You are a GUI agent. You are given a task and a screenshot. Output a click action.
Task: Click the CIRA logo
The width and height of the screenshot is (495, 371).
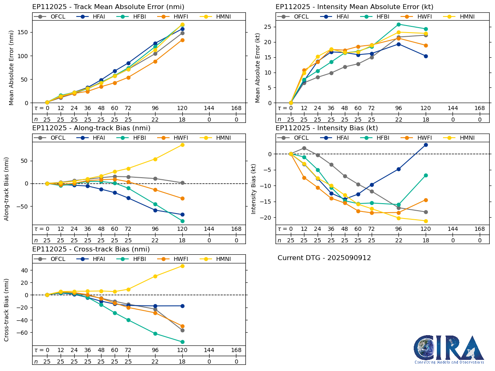click(x=449, y=349)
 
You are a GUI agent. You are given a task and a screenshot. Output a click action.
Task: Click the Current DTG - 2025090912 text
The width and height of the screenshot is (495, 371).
click(x=324, y=258)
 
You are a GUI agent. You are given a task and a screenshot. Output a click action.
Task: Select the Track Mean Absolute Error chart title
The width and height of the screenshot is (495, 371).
click(x=108, y=7)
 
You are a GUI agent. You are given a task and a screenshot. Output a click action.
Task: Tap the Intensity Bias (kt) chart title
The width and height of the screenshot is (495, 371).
click(x=327, y=128)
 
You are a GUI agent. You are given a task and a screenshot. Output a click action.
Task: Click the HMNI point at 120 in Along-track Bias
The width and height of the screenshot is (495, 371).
click(x=182, y=145)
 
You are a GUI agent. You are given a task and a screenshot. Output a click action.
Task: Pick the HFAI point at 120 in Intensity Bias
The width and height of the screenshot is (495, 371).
click(x=426, y=145)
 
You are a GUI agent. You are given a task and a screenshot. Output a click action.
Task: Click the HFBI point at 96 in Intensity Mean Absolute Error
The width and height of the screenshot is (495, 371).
click(x=398, y=24)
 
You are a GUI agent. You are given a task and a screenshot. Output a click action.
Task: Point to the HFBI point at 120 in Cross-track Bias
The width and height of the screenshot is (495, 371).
click(x=182, y=342)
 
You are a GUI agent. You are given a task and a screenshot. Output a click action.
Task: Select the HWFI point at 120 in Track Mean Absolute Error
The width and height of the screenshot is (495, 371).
click(x=182, y=40)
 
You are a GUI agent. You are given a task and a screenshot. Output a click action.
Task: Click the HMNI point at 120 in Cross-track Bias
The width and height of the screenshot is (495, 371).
click(x=182, y=266)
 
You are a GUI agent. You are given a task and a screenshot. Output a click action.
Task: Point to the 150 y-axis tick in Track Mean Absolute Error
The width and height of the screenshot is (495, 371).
click(x=25, y=32)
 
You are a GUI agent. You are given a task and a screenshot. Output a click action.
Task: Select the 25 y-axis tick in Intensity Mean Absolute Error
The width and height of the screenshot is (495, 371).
click(x=268, y=27)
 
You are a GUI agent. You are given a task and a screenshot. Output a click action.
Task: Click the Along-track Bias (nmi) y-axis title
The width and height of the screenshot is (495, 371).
click(x=7, y=189)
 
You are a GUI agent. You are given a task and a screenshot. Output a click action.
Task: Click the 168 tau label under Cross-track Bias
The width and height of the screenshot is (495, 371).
click(x=236, y=350)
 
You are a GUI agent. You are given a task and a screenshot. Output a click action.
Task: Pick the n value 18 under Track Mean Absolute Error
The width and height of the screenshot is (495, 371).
click(x=182, y=120)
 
